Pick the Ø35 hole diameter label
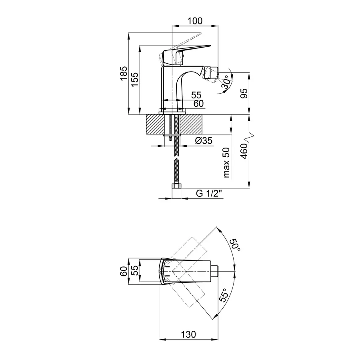click(x=204, y=140)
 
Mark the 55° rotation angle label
click(x=225, y=295)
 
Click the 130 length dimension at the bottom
click(x=188, y=334)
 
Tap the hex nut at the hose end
click(x=176, y=187)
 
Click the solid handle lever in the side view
click(x=188, y=50)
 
